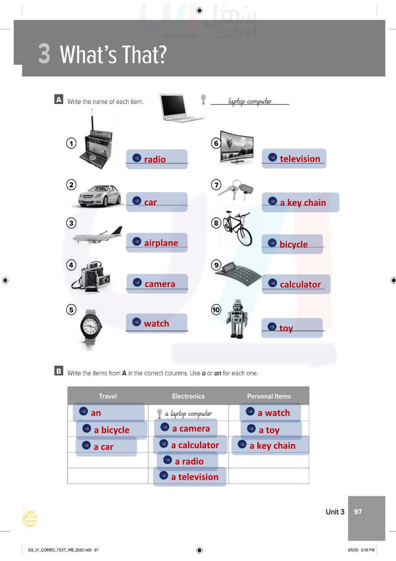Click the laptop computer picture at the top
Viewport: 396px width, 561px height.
[181, 107]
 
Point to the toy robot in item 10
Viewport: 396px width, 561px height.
[236, 319]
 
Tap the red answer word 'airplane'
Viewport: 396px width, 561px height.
[161, 243]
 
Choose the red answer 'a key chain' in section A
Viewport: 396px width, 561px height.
[303, 203]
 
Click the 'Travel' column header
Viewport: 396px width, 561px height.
[108, 396]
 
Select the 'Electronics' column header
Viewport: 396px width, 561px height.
[188, 396]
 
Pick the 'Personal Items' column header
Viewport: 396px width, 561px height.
[269, 396]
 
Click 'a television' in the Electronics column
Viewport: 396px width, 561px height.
[195, 477]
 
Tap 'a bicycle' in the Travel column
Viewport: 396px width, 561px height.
[111, 430]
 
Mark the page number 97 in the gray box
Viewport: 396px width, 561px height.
[358, 512]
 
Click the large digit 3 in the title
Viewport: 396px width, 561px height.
[44, 54]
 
